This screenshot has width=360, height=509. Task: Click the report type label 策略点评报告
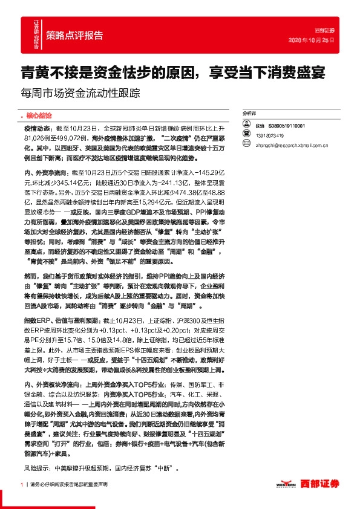74,34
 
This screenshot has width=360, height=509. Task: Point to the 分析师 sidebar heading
249,114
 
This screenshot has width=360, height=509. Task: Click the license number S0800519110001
288,126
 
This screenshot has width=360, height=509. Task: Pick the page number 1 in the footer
22,484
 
